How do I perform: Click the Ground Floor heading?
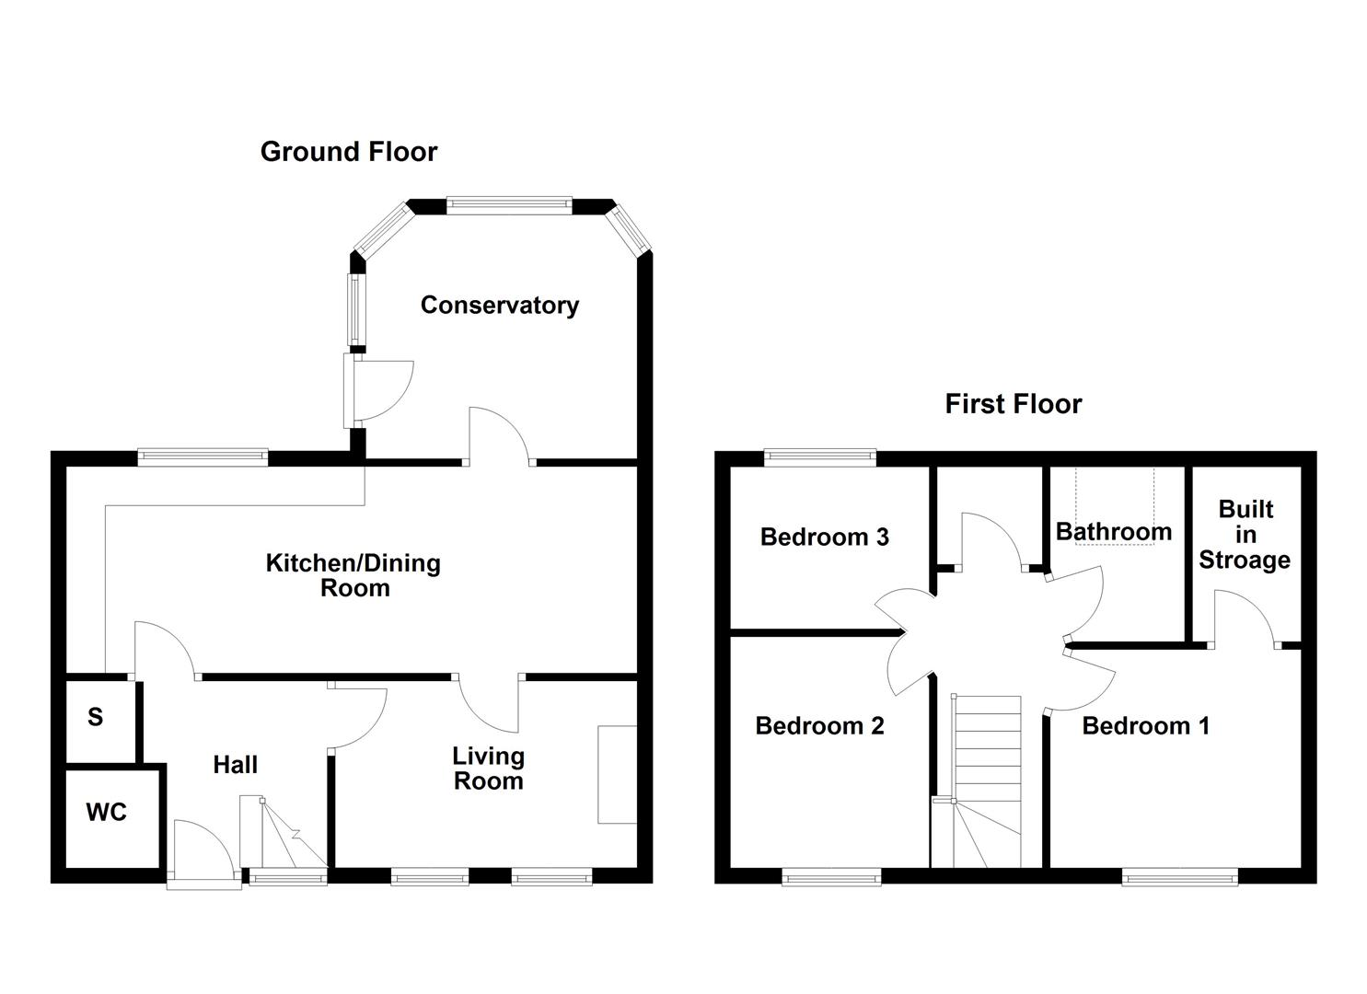[349, 152]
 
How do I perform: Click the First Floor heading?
[1013, 404]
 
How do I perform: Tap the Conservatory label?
[499, 306]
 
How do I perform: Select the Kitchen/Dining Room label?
[353, 575]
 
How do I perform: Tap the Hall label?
[235, 765]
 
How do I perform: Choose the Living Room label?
[488, 769]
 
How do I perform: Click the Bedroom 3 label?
[825, 537]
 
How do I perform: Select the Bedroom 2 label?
[819, 726]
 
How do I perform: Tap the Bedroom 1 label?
[1145, 726]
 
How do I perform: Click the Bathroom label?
[1114, 531]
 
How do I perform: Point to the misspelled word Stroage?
[1245, 561]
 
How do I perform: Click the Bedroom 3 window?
[820, 457]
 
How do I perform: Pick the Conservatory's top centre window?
[509, 205]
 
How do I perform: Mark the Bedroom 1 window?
[1179, 877]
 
